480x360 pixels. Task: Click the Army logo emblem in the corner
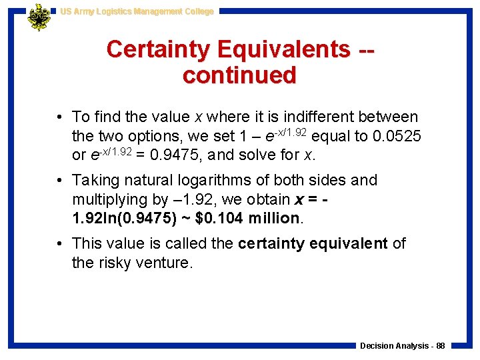(x=39, y=17)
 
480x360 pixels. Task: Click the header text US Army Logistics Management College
(x=137, y=11)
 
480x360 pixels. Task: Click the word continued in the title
(x=239, y=75)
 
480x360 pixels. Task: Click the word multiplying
(x=109, y=199)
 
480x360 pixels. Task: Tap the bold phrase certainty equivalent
(x=313, y=243)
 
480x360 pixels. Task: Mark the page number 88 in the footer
(x=440, y=346)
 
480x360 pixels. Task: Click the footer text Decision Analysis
(x=393, y=346)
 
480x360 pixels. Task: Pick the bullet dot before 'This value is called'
(x=60, y=243)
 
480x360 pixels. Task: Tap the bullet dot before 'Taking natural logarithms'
(x=60, y=181)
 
